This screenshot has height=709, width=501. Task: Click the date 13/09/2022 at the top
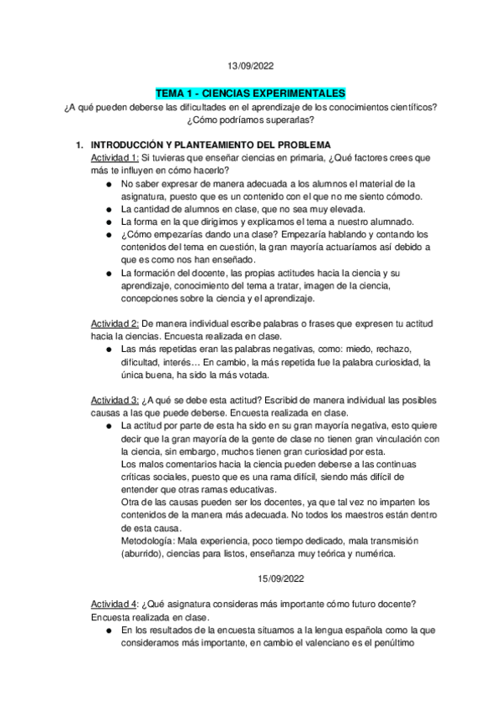click(x=250, y=65)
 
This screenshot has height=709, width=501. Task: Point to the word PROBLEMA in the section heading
click(x=306, y=145)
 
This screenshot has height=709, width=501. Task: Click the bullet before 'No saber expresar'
click(x=110, y=184)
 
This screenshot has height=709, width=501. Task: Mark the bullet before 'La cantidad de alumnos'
click(x=110, y=208)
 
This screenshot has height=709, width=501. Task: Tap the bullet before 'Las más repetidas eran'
click(x=110, y=349)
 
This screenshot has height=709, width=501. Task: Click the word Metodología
click(x=147, y=542)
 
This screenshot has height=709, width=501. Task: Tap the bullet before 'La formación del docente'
click(x=110, y=273)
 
